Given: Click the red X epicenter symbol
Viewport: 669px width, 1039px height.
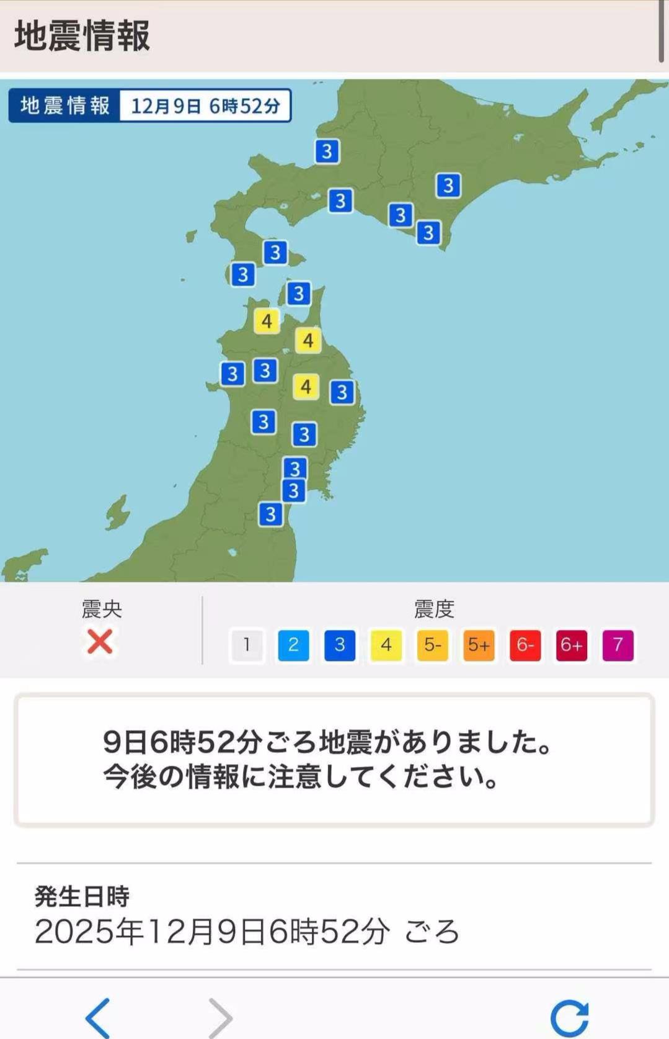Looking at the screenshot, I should pyautogui.click(x=100, y=642).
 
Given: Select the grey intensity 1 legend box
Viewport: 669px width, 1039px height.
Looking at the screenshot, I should pyautogui.click(x=247, y=645).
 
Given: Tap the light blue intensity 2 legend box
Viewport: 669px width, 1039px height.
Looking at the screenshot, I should pyautogui.click(x=293, y=645).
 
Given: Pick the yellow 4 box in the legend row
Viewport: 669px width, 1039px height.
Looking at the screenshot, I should pyautogui.click(x=386, y=645).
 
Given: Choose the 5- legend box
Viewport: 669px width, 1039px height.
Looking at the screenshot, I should pyautogui.click(x=432, y=645).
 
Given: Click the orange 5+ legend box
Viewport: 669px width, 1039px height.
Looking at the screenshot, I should pyautogui.click(x=479, y=645).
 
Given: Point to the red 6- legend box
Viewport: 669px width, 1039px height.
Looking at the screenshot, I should pyautogui.click(x=525, y=645).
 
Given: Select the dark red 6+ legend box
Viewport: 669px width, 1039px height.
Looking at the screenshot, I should pyautogui.click(x=571, y=645).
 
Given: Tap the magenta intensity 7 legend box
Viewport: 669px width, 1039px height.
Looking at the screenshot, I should pyautogui.click(x=618, y=645).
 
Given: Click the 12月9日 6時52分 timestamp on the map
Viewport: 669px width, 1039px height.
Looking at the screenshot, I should pyautogui.click(x=205, y=106).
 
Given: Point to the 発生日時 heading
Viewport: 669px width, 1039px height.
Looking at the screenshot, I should pyautogui.click(x=82, y=896).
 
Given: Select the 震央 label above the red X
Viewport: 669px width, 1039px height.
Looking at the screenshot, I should pyautogui.click(x=102, y=609).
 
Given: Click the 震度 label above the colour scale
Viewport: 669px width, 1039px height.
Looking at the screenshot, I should pyautogui.click(x=434, y=609).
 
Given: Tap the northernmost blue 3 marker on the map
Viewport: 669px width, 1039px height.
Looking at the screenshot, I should pyautogui.click(x=327, y=151).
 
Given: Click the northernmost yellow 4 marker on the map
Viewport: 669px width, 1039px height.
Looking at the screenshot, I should pyautogui.click(x=267, y=321).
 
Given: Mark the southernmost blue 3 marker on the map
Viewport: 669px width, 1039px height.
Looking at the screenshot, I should pyautogui.click(x=270, y=515).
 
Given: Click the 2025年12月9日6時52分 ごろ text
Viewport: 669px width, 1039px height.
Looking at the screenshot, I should pyautogui.click(x=247, y=932).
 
